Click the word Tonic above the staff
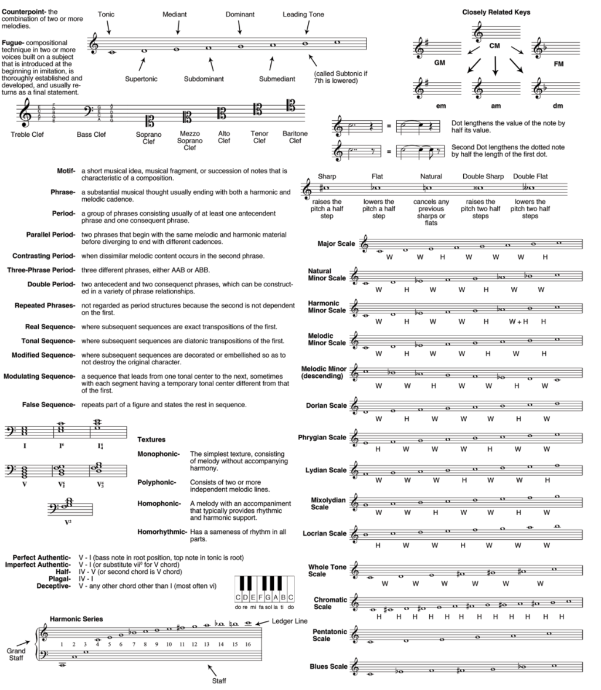106,14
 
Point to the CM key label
495,45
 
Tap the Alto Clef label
224,137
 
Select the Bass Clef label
91,134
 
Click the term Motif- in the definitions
65,171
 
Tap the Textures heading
151,439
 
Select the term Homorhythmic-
161,532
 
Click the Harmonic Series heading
76,618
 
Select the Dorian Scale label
326,405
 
